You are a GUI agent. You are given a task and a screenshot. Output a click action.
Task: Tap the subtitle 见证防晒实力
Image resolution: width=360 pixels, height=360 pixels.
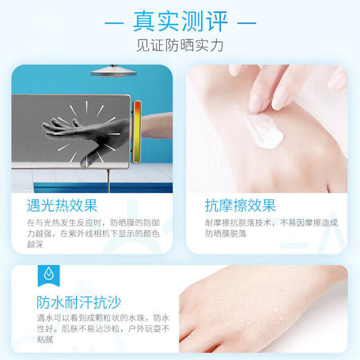(180, 48)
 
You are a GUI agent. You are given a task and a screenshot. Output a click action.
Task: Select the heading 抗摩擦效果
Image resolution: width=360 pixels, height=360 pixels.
(240, 205)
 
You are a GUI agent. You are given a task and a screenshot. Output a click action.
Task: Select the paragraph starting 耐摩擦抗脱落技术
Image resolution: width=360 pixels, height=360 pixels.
(270, 228)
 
